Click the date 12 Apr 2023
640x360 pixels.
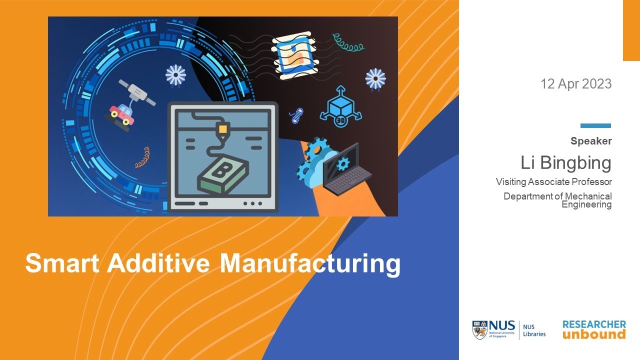[576, 84]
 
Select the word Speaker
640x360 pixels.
[591, 141]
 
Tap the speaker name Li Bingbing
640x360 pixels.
[565, 163]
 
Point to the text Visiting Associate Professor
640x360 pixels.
[553, 181]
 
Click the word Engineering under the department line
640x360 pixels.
[586, 204]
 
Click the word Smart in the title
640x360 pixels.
[62, 263]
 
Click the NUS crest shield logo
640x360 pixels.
[479, 330]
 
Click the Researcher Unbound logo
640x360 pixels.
[594, 330]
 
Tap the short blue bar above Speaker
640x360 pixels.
[595, 126]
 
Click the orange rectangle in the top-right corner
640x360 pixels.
[631, 30]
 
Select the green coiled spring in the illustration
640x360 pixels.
[348, 42]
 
